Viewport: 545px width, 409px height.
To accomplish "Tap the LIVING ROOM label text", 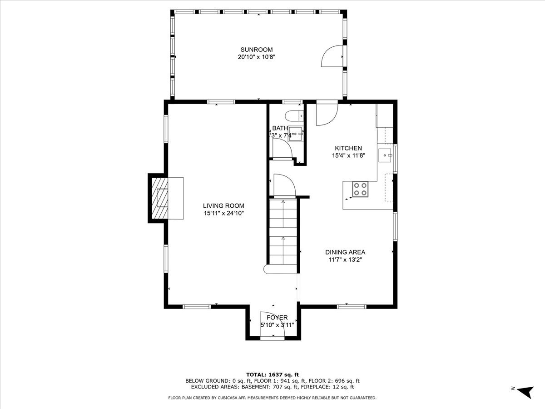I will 223,205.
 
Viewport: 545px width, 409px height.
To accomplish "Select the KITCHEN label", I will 348,148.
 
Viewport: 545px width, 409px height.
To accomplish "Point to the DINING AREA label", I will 345,252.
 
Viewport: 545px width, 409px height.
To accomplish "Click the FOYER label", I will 277,318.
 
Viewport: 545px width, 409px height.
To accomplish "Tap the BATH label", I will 280,128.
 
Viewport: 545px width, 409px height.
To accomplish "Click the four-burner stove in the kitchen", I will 361,189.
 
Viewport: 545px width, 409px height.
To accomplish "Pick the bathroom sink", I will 296,134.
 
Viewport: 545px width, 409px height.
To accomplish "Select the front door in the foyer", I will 272,324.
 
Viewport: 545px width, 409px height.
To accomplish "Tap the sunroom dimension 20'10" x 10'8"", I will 257,57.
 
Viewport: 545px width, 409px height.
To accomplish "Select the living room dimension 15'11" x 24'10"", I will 223,213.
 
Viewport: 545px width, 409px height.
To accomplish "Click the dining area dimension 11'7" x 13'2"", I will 345,260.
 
